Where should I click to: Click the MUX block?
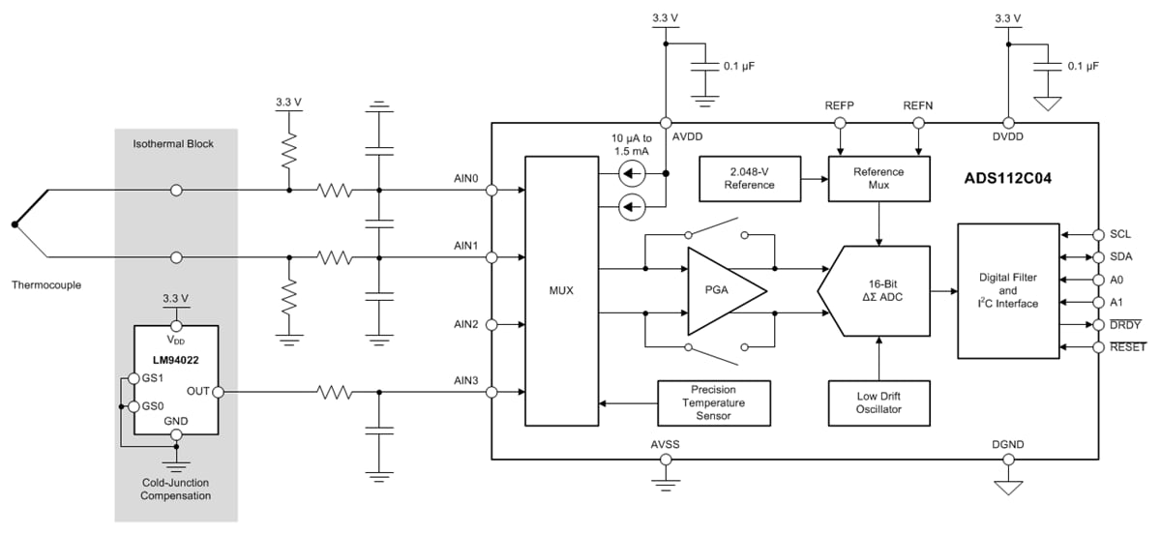pyautogui.click(x=561, y=290)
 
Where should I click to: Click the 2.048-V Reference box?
pyautogui.click(x=750, y=178)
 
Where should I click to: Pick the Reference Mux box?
pyautogui.click(x=878, y=178)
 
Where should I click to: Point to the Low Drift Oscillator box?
pyautogui.click(x=878, y=402)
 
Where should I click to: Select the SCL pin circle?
pyautogui.click(x=1099, y=235)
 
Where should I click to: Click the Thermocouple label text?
pyautogui.click(x=45, y=285)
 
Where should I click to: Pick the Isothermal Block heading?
pyautogui.click(x=175, y=145)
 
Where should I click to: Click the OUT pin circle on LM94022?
pyautogui.click(x=218, y=392)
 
